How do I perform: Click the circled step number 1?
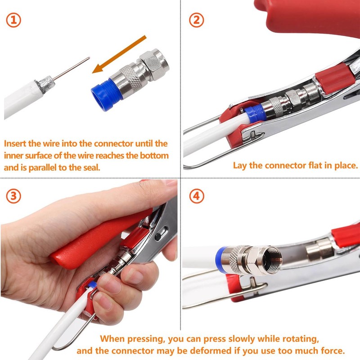click(14, 20)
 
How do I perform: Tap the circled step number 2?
click(197, 20)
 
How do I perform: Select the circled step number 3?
click(14, 196)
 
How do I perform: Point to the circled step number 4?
click(197, 196)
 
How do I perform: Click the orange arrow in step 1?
click(119, 54)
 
